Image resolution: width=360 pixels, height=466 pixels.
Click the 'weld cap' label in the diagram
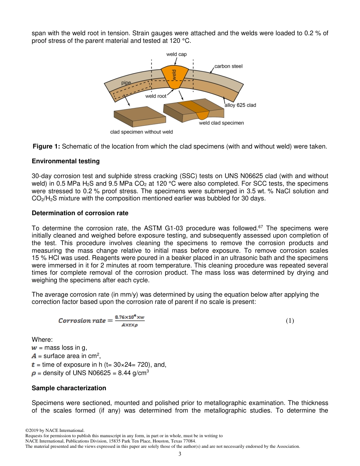click(x=176, y=55)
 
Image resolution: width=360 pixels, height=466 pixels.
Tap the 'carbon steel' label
click(x=228, y=66)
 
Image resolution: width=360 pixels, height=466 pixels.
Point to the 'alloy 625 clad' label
click(x=240, y=105)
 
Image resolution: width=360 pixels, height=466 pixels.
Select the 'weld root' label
click(x=156, y=96)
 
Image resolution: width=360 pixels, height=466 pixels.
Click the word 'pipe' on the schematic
click(x=126, y=83)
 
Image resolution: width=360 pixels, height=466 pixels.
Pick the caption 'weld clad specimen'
click(x=221, y=123)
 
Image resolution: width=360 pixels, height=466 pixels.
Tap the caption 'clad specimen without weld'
click(x=141, y=132)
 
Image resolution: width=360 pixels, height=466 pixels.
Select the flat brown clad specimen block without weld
click(x=139, y=115)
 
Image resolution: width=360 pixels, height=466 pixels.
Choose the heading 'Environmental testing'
click(x=66, y=161)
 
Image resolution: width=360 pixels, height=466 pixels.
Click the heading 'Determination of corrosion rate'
click(x=80, y=213)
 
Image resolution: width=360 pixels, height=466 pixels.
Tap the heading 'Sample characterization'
click(x=69, y=388)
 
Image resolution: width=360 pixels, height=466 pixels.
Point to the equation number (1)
click(x=290, y=321)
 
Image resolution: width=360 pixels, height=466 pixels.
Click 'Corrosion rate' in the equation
click(x=82, y=321)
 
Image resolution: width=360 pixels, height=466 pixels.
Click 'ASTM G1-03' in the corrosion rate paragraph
click(x=159, y=228)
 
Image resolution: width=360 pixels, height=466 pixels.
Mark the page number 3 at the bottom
click(x=180, y=454)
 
